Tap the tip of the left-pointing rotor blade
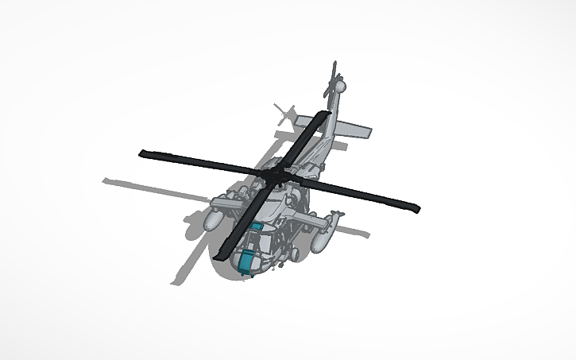pyautogui.click(x=144, y=152)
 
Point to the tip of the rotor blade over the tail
pyautogui.click(x=323, y=115)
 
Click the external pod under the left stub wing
pyautogui.click(x=217, y=215)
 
